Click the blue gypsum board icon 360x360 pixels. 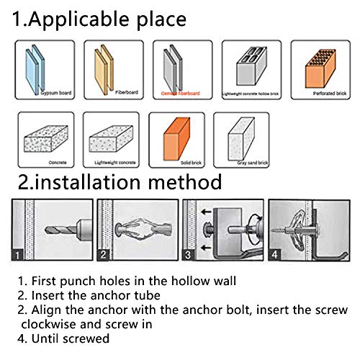[x=37, y=67]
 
